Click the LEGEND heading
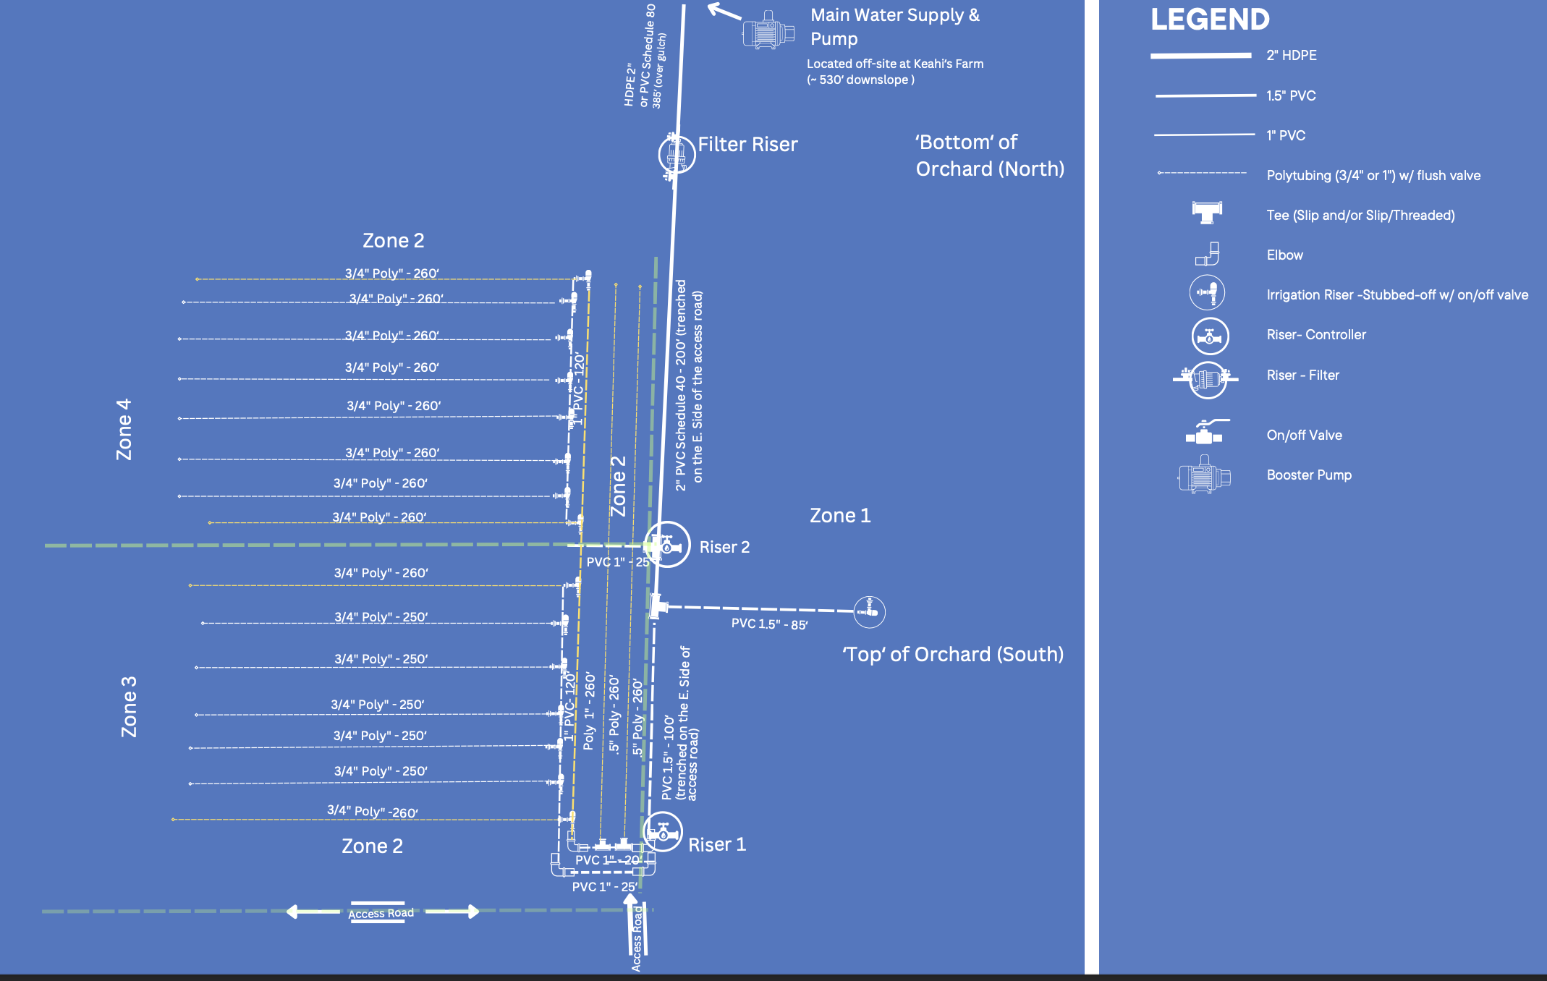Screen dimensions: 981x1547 (1210, 20)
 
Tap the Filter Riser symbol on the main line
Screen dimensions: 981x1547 (677, 153)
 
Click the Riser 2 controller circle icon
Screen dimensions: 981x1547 (667, 545)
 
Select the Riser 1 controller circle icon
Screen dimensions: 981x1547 (663, 832)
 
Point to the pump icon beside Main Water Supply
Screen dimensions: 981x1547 (768, 31)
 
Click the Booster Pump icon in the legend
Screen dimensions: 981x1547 (1204, 475)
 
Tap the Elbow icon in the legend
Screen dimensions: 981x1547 (1208, 255)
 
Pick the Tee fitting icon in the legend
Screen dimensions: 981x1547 (1207, 212)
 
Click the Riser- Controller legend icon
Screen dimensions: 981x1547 (1210, 336)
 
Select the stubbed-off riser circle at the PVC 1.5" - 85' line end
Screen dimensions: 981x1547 (869, 612)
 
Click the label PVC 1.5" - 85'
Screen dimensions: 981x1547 (769, 624)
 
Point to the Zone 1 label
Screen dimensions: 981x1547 (840, 516)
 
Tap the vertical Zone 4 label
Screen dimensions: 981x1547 (124, 429)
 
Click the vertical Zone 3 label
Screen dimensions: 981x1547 (129, 707)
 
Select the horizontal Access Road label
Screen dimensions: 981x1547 (381, 914)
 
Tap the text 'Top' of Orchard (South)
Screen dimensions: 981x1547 (953, 655)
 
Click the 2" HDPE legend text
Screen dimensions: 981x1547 (1291, 56)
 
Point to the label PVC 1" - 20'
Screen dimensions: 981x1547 (608, 860)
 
